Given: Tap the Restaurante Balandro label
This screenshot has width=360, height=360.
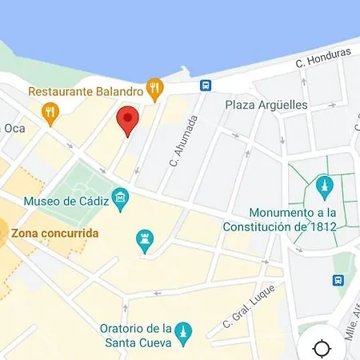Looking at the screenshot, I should pyautogui.click(x=86, y=91).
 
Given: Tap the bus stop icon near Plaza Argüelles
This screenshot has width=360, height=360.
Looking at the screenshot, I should pyautogui.click(x=206, y=85).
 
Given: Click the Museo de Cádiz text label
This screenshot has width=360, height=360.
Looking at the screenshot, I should pyautogui.click(x=66, y=200).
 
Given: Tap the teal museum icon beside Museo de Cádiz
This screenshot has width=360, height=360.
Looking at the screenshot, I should pyautogui.click(x=121, y=197).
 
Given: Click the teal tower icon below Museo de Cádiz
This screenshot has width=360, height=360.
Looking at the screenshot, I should pyautogui.click(x=145, y=241).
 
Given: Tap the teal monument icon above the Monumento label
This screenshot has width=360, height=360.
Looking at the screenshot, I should pyautogui.click(x=324, y=186).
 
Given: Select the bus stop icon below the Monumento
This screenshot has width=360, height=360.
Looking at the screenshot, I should pyautogui.click(x=338, y=280).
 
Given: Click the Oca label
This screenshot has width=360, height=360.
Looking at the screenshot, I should pyautogui.click(x=14, y=128).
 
